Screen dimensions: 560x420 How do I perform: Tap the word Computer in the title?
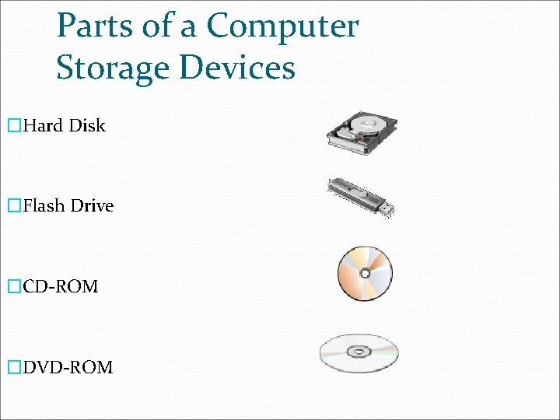tap(282, 26)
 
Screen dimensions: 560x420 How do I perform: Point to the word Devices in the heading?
tap(237, 67)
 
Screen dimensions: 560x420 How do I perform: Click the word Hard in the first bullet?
tap(43, 125)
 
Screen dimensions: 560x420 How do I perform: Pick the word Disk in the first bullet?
tap(87, 125)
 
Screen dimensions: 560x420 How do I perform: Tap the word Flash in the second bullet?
tap(44, 206)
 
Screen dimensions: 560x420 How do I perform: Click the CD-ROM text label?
tap(60, 287)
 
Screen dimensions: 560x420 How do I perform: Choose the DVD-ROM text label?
tap(68, 367)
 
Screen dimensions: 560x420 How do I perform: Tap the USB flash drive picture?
tap(360, 196)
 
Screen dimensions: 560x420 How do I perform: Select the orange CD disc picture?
tap(365, 274)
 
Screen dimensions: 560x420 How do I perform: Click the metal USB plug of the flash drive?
tap(385, 208)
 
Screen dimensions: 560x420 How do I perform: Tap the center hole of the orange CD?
tap(365, 274)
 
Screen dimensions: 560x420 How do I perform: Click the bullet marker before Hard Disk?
tap(12, 126)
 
